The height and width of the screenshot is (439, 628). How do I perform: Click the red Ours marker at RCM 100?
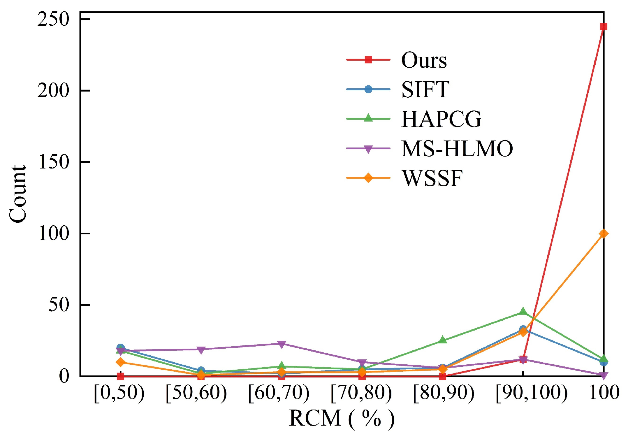click(x=604, y=27)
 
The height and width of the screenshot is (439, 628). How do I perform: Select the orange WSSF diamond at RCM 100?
click(x=604, y=233)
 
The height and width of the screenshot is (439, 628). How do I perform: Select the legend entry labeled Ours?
click(x=424, y=60)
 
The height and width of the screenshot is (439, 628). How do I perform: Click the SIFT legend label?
click(x=425, y=89)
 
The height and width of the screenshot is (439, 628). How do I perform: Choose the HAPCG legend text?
click(x=441, y=119)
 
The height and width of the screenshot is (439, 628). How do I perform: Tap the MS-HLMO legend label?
click(x=457, y=149)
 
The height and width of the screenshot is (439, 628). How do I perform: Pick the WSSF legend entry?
click(x=432, y=178)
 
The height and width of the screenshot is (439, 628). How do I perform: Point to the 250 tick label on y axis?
click(x=53, y=20)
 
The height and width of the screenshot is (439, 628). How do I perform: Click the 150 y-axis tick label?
click(x=53, y=162)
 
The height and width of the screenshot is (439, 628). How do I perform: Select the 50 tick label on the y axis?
click(x=59, y=305)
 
